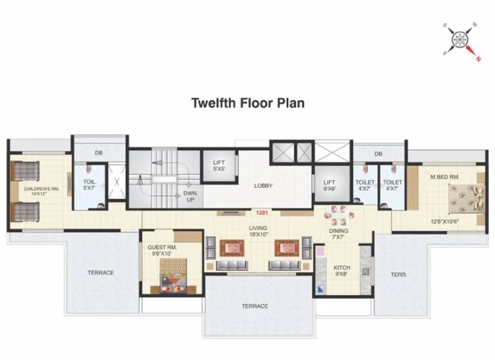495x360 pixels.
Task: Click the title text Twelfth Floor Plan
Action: (248, 104)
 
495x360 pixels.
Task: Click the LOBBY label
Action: (263, 185)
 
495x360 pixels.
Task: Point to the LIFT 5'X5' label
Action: (218, 165)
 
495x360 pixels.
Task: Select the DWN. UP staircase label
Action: (190, 196)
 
